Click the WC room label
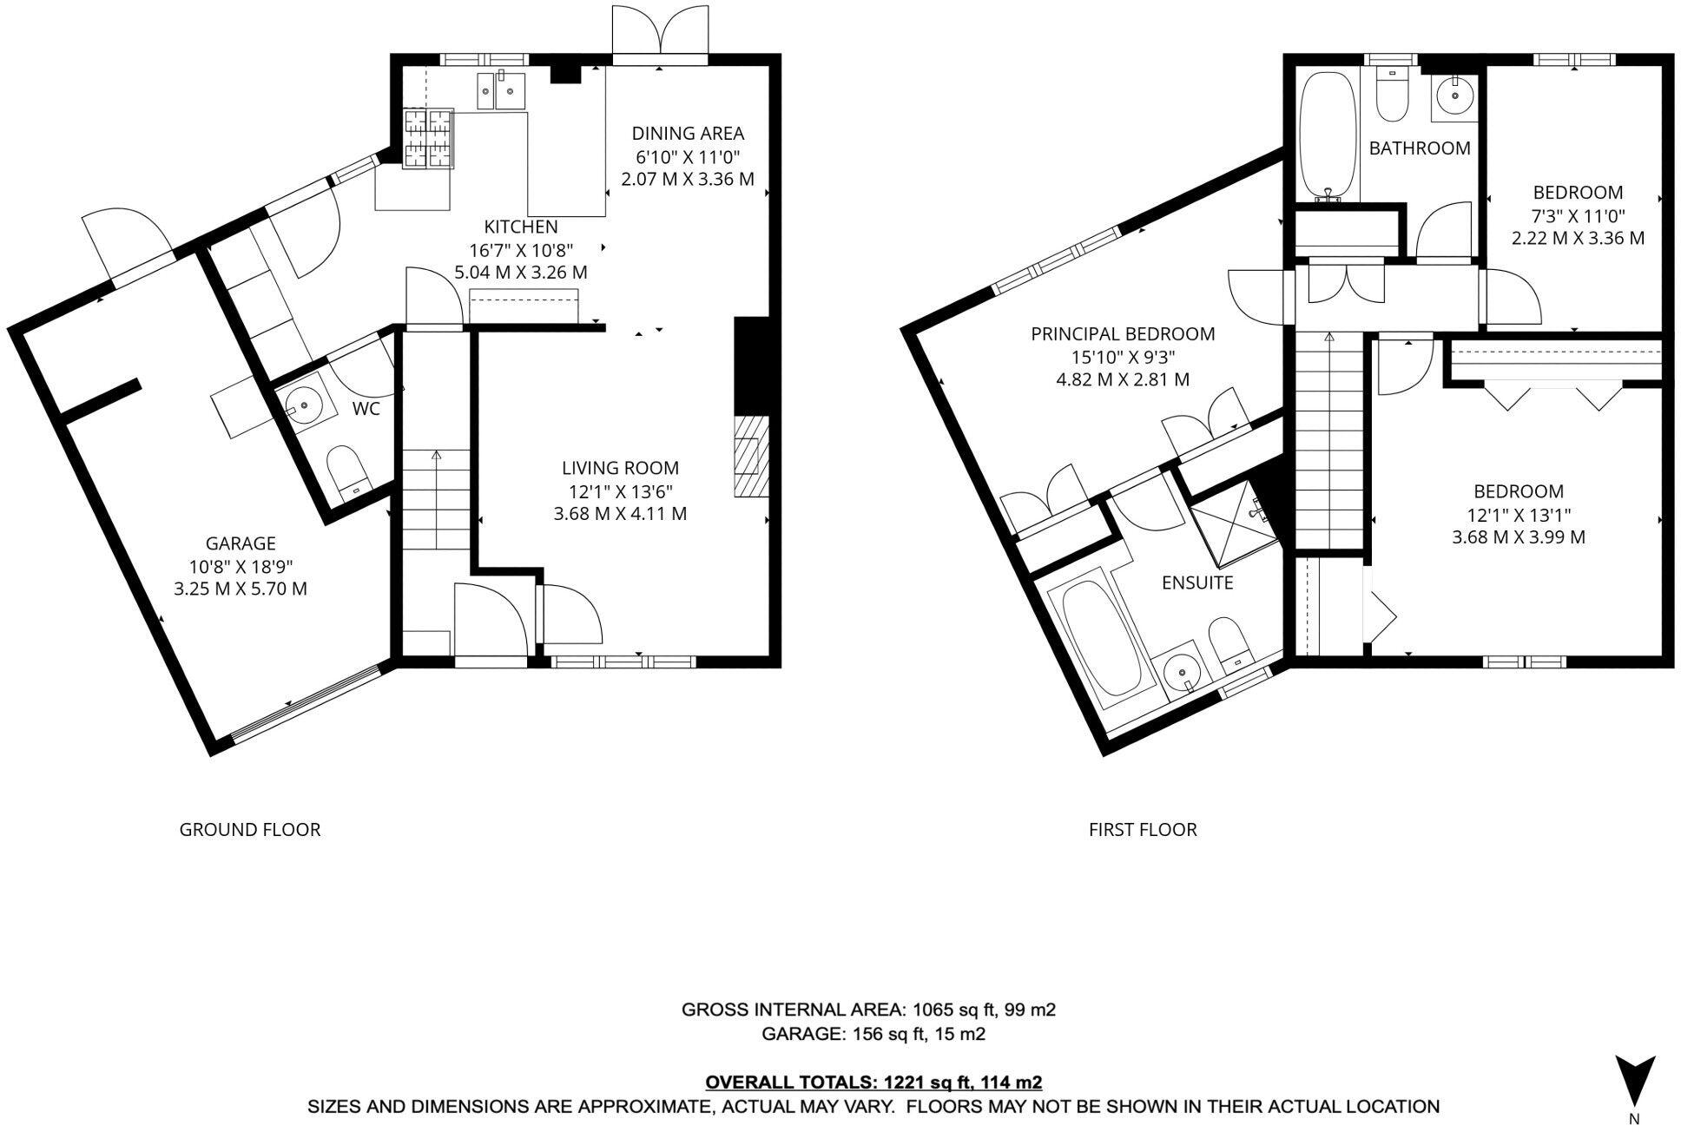point(366,409)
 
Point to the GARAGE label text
point(241,543)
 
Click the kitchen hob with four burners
point(428,136)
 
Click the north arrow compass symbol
point(1634,1079)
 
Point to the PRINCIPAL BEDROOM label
point(1123,334)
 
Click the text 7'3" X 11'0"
point(1578,215)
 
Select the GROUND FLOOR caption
point(250,830)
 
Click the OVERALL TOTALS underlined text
point(873,1083)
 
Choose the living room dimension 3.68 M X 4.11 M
point(620,514)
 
